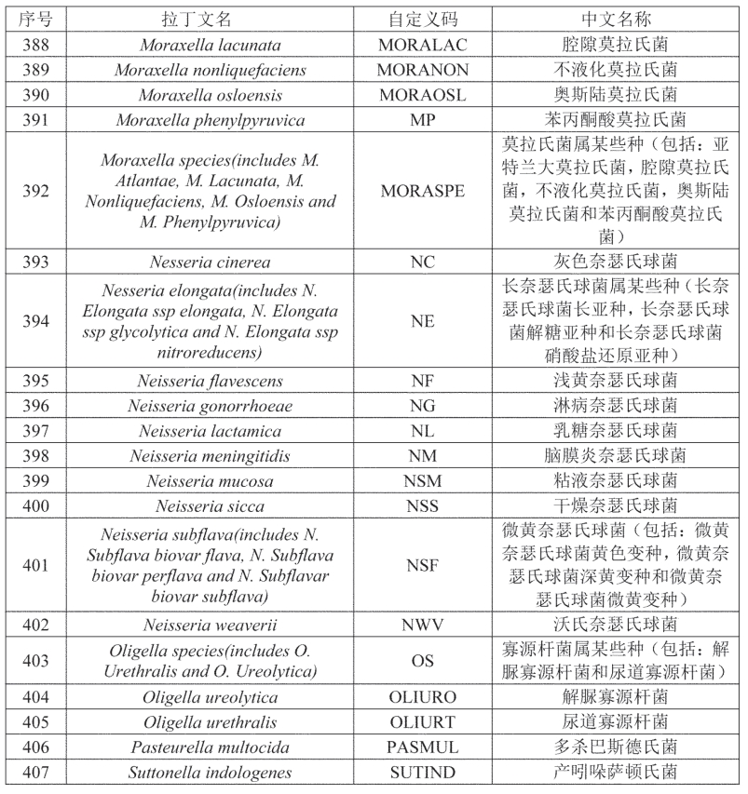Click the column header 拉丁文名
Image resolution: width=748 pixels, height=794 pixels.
pos(210,20)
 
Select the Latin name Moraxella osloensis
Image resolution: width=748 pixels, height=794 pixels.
pos(210,95)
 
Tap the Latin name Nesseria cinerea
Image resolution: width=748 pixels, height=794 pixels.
pos(210,262)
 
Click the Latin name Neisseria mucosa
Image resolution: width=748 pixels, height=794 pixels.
pos(210,481)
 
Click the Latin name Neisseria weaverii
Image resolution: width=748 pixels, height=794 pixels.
pos(210,625)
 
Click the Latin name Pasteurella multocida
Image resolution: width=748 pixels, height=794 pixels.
pos(210,747)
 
